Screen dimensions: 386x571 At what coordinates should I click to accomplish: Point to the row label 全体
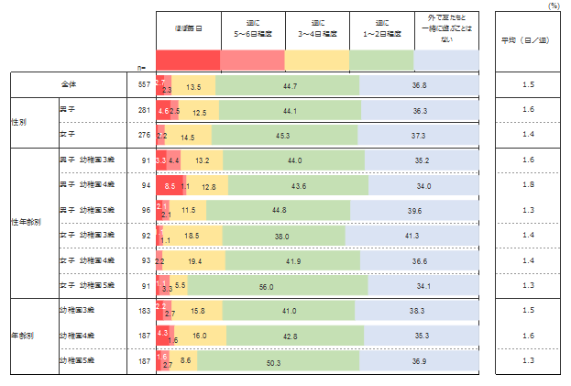(67, 85)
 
